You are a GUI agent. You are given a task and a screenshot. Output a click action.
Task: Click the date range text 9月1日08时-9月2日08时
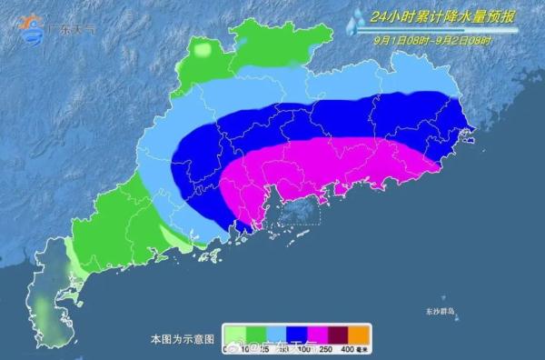pos(431,39)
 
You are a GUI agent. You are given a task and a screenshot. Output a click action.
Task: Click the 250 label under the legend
pos(324,350)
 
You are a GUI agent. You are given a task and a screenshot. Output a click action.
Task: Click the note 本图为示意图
pos(182,338)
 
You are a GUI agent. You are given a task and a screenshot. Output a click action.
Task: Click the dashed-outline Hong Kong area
pos(298,213)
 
